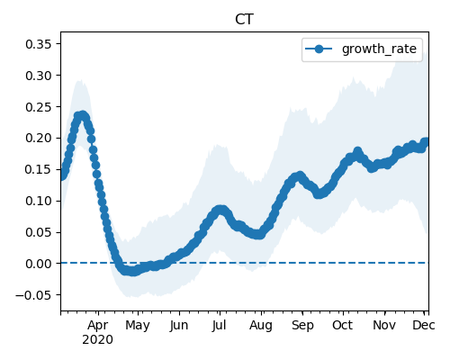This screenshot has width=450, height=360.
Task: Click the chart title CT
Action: point(244,20)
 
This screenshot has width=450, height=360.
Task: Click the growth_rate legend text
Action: point(379,49)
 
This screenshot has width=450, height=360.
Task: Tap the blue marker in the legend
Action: point(319,49)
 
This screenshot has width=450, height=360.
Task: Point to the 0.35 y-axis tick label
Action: point(39,44)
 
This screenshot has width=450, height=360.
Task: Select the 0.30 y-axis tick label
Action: point(39,76)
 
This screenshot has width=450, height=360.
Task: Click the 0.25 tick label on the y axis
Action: point(39,107)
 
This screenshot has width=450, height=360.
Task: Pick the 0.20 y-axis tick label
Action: point(39,139)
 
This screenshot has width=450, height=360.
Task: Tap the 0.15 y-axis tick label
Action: point(39,170)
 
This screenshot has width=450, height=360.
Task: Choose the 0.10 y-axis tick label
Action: point(39,201)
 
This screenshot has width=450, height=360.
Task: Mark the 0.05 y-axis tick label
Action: point(39,232)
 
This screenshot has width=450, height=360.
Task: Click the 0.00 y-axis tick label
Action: point(39,264)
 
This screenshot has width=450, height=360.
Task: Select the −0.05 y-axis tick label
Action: point(34,295)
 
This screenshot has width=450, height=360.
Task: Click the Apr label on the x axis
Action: point(98,326)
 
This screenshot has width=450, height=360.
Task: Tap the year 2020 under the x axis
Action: point(98,340)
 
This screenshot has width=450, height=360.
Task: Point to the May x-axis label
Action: point(138,326)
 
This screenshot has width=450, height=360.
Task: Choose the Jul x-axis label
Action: point(219,326)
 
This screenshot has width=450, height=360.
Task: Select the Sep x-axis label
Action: point(302,326)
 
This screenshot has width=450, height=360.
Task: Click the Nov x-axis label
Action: point(384,326)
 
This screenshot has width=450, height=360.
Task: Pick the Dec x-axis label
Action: point(424,326)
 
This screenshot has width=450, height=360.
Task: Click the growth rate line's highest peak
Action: point(82,115)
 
